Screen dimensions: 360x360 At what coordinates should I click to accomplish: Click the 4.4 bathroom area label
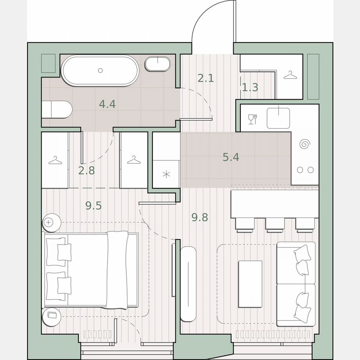pyautogui.click(x=107, y=104)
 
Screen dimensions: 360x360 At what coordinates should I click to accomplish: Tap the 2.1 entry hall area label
pyautogui.click(x=205, y=78)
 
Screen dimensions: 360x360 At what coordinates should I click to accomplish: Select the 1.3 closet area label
pyautogui.click(x=250, y=87)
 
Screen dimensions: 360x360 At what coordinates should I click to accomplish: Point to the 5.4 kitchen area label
pyautogui.click(x=231, y=157)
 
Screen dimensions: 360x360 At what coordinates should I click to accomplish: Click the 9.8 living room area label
pyautogui.click(x=200, y=217)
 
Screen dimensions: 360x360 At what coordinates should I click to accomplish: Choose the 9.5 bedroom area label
pyautogui.click(x=93, y=205)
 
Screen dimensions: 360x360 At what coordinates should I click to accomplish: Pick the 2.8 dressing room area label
pyautogui.click(x=87, y=170)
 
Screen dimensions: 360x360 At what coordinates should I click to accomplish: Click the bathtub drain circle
pyautogui.click(x=100, y=70)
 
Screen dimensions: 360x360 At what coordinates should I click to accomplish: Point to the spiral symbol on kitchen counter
pyautogui.click(x=304, y=145)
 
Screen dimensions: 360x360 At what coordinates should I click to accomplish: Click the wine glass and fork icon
pyautogui.click(x=252, y=119)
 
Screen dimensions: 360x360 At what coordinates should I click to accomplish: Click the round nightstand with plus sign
pyautogui.click(x=49, y=222)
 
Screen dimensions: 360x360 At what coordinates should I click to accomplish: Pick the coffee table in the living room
pyautogui.click(x=250, y=283)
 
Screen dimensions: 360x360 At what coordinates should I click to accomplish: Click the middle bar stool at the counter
pyautogui.click(x=274, y=225)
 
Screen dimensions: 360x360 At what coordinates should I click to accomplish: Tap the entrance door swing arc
pyautogui.click(x=204, y=21)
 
